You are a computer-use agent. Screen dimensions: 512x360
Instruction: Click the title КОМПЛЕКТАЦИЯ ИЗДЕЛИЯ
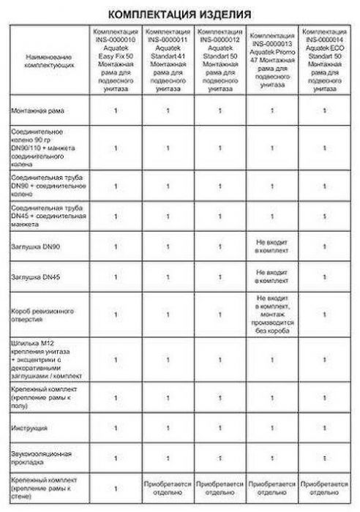tap(180, 13)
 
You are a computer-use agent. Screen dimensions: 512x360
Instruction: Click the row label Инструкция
tap(30, 425)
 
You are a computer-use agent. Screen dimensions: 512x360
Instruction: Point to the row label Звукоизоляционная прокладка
tap(40, 456)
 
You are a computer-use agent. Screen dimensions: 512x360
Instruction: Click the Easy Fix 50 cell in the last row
tap(115, 486)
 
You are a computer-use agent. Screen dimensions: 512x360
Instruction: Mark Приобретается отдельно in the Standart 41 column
tap(168, 486)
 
